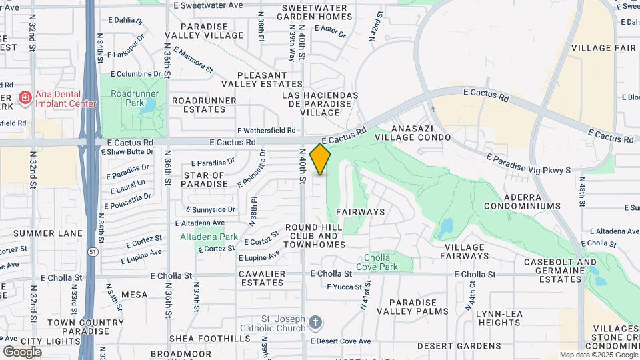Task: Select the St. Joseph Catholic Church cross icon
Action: pyautogui.click(x=317, y=323)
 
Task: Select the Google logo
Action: pyautogui.click(x=22, y=351)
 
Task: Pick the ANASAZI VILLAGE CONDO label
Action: pyautogui.click(x=418, y=132)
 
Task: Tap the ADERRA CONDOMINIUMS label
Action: pyautogui.click(x=523, y=201)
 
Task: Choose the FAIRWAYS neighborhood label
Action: pyautogui.click(x=360, y=212)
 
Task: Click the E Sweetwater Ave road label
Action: pyautogui.click(x=207, y=5)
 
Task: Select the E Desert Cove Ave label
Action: pyautogui.click(x=343, y=341)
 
